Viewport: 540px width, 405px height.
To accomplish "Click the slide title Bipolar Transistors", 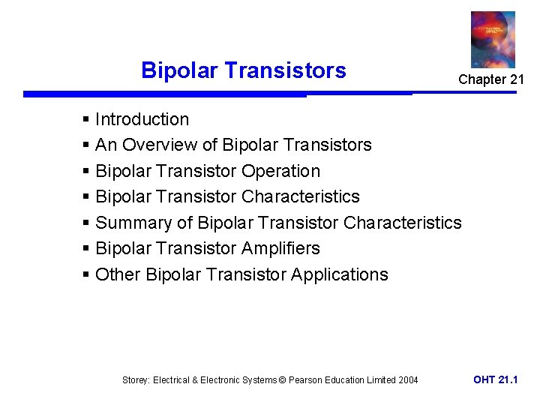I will coord(244,70).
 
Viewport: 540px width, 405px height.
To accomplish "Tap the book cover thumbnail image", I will coord(493,39).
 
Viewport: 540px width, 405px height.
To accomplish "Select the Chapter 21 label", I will coord(491,79).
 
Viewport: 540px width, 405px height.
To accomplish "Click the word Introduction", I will coord(142,119).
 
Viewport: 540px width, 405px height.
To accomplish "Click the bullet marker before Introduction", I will coord(87,120).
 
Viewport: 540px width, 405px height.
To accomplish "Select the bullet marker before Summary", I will coord(87,223).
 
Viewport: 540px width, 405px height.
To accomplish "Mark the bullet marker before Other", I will coord(87,275).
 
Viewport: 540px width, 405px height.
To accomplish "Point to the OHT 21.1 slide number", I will coord(495,379).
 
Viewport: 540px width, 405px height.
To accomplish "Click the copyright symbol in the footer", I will coord(282,380).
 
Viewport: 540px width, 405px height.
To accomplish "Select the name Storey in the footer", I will coord(136,380).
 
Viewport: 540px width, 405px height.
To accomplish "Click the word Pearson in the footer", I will coord(306,380).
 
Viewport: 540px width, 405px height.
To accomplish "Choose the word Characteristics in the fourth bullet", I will coord(300,196).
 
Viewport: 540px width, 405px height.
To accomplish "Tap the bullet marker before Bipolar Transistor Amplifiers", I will coord(87,249).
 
